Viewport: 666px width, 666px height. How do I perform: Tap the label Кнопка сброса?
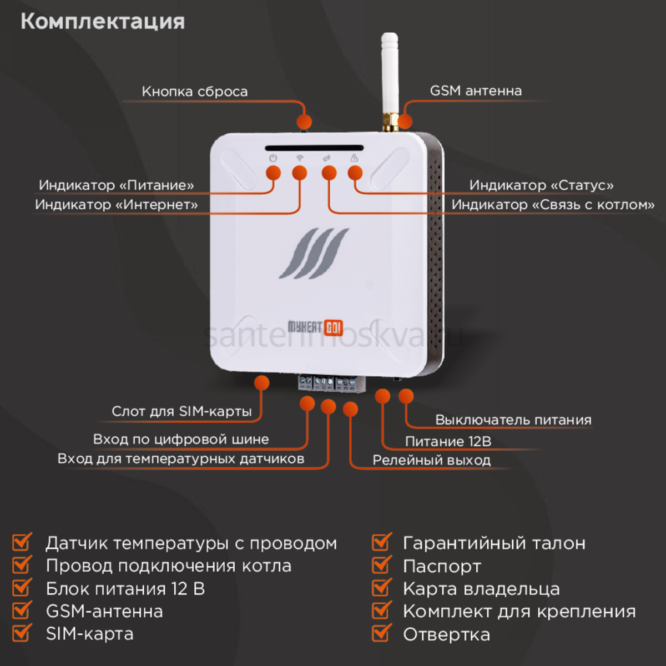[x=194, y=92]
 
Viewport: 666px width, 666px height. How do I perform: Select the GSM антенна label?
[x=476, y=91]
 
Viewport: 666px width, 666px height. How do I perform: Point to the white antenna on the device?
[x=390, y=78]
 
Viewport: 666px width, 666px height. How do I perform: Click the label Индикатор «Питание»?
[x=117, y=185]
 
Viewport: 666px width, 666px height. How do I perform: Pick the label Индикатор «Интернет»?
[x=117, y=205]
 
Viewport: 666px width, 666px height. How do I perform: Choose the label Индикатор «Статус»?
[x=541, y=185]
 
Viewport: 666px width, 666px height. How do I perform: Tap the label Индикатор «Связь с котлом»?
[x=553, y=205]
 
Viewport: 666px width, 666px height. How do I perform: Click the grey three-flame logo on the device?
[x=314, y=253]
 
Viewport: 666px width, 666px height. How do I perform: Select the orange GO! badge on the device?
[x=333, y=327]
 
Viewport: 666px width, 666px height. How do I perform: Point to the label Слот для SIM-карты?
[x=181, y=411]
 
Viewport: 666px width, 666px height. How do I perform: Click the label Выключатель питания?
[x=513, y=420]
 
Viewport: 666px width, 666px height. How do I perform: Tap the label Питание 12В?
[x=448, y=442]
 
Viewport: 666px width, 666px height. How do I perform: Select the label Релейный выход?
[x=431, y=461]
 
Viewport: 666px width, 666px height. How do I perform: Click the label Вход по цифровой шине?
[x=181, y=440]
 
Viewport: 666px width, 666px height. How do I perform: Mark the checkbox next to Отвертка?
[x=381, y=633]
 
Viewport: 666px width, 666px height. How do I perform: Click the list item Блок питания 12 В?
[x=125, y=589]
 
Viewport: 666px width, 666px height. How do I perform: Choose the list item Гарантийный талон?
[x=494, y=543]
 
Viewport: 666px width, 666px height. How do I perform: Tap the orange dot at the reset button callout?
[x=304, y=122]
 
